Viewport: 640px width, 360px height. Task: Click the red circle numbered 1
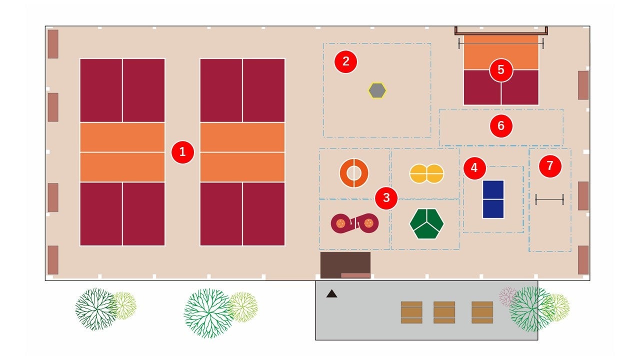[182, 152]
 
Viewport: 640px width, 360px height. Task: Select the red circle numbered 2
[345, 61]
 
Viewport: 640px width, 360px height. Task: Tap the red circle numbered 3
[386, 197]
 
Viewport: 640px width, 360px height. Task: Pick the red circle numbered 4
[474, 168]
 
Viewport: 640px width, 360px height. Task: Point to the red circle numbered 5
[501, 70]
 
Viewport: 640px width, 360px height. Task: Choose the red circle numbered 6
[501, 126]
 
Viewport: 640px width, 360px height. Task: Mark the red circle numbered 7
[550, 165]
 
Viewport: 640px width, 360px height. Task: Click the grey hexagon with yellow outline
[377, 90]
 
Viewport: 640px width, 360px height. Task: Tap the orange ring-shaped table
[354, 173]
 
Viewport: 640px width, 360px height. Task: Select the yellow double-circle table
[426, 173]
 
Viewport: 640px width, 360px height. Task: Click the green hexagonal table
[426, 223]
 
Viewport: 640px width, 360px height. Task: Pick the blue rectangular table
[493, 199]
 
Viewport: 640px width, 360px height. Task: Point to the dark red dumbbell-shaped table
[354, 223]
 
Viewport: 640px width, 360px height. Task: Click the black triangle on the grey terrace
[331, 294]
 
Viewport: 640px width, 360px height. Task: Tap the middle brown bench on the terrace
[444, 312]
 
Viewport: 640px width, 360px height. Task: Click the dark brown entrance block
[345, 263]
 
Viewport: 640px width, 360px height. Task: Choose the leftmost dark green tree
[95, 308]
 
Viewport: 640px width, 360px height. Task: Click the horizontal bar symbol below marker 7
[549, 199]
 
